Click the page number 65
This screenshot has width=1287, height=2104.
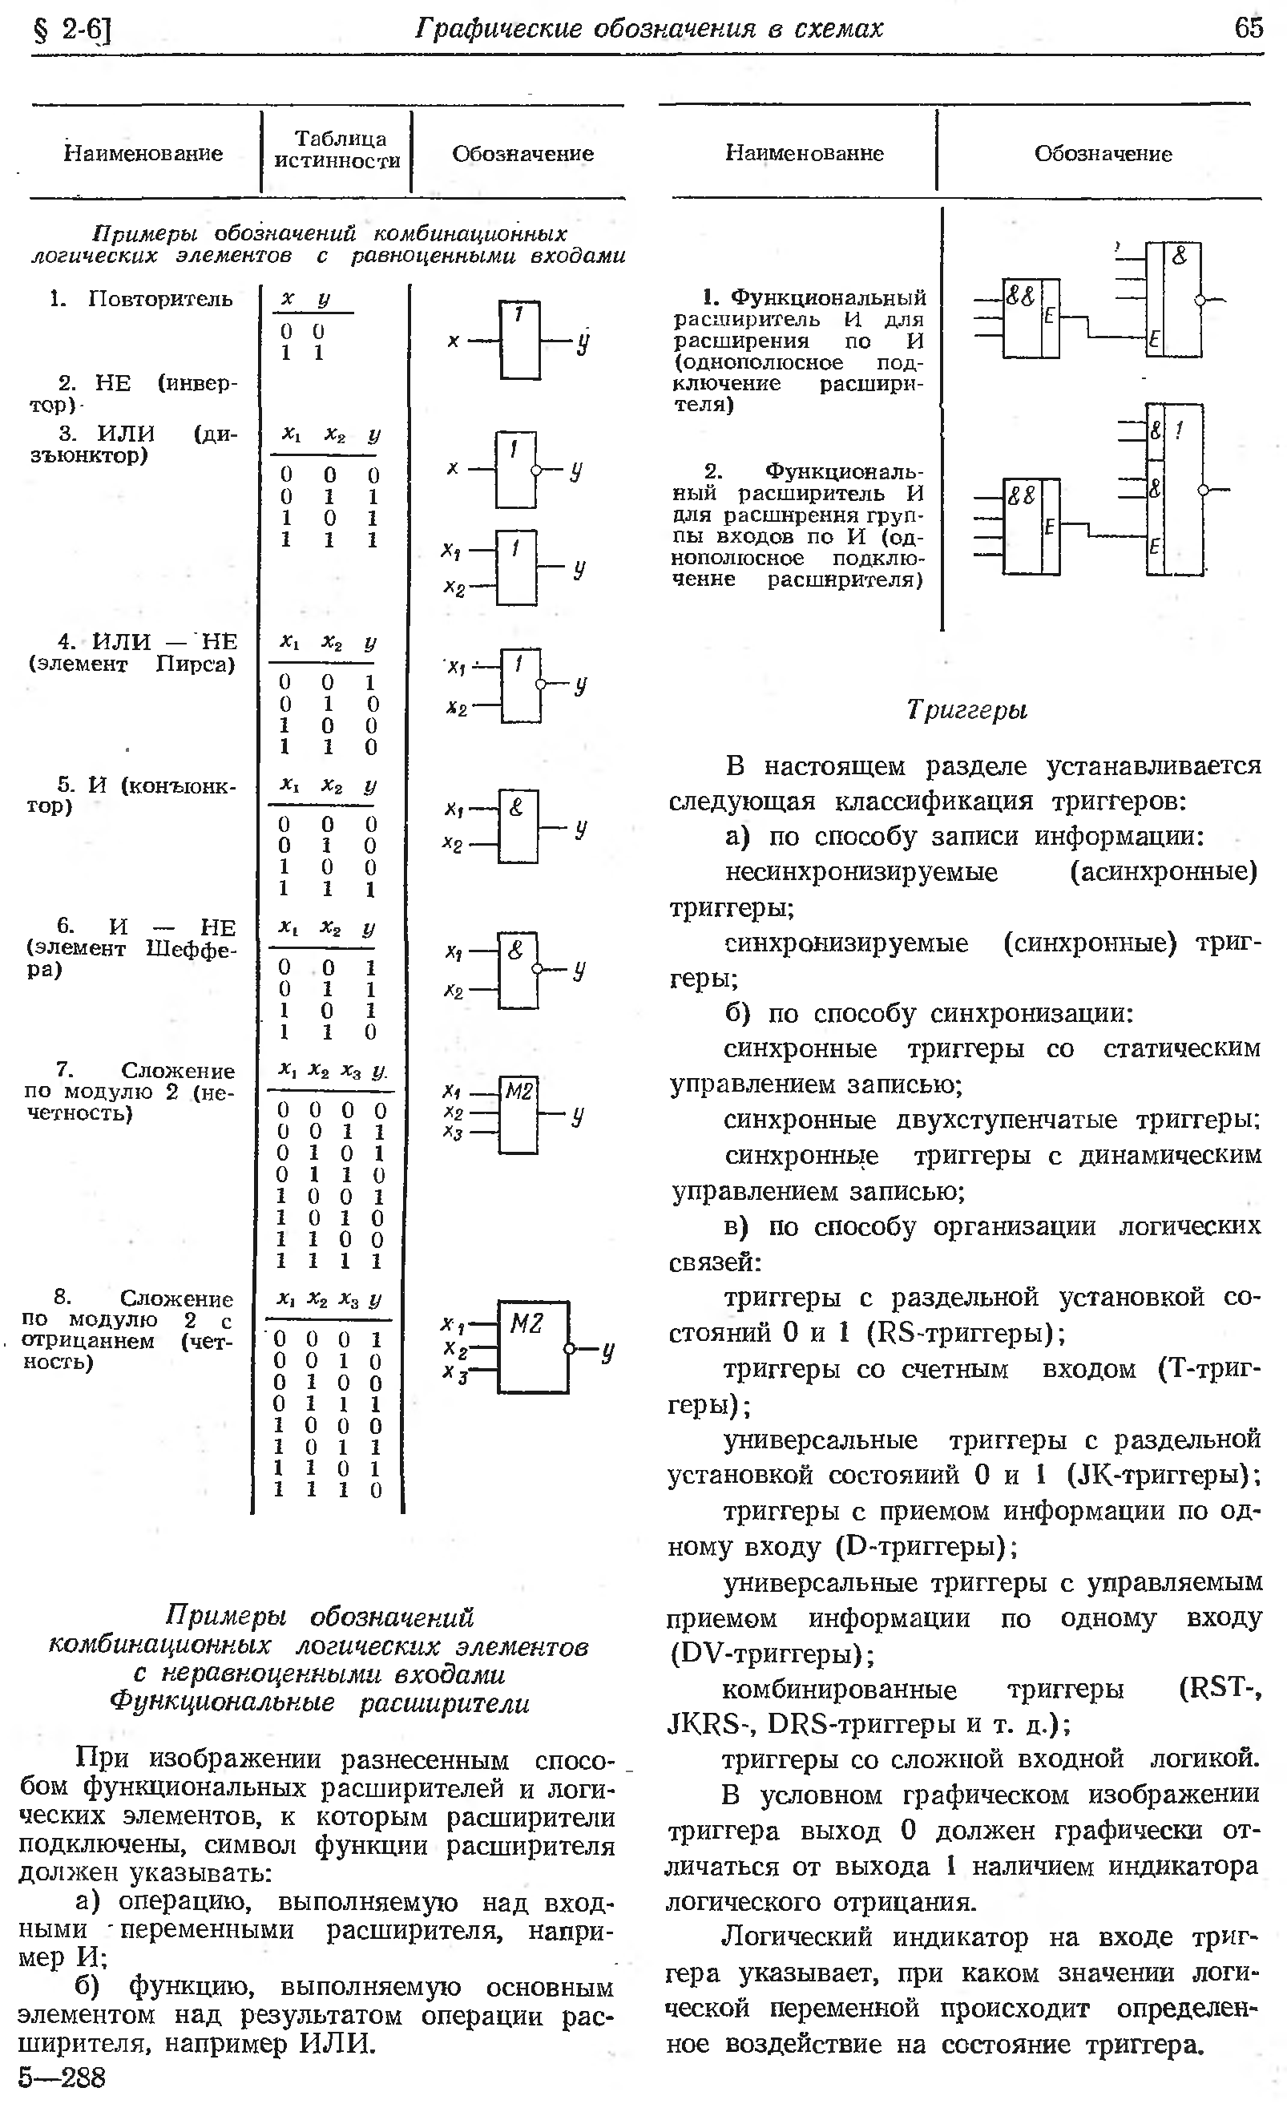[1248, 29]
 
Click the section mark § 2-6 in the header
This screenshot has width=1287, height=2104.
[72, 30]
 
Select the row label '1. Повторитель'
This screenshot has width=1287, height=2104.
[142, 299]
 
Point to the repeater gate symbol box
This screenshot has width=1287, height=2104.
[519, 340]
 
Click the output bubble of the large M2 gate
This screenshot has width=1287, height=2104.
[570, 1348]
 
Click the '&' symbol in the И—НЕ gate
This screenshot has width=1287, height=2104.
[515, 950]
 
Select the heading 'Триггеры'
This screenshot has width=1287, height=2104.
[966, 709]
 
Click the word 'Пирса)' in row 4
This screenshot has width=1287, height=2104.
[196, 664]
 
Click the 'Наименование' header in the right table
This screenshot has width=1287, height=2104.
[804, 153]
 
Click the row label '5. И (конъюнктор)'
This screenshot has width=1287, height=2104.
[133, 796]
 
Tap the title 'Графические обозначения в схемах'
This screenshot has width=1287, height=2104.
[648, 29]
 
